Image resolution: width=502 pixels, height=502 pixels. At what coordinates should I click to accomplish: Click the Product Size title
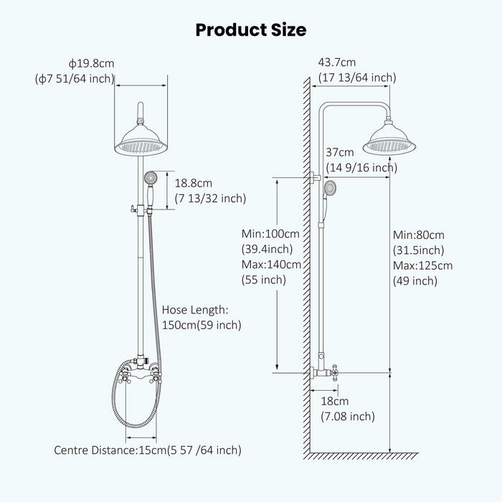click(251, 29)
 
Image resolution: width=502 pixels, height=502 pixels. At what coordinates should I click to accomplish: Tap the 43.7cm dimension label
click(336, 63)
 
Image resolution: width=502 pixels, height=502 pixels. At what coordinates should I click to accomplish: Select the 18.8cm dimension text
click(194, 184)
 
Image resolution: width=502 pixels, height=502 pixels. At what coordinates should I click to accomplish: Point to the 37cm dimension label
click(339, 153)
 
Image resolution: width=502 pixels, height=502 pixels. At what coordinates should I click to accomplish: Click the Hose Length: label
click(194, 310)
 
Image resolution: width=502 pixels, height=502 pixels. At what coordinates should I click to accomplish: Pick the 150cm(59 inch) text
click(202, 325)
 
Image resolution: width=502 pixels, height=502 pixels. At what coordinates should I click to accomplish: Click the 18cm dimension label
click(334, 402)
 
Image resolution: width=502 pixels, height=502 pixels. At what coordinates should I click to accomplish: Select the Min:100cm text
click(270, 234)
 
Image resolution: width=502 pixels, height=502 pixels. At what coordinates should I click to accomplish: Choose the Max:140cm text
click(271, 265)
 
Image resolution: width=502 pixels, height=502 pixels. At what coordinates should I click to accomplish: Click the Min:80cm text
click(418, 235)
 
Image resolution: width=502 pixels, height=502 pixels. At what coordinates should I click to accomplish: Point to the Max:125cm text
click(422, 265)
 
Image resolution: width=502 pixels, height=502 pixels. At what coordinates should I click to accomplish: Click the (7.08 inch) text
click(347, 417)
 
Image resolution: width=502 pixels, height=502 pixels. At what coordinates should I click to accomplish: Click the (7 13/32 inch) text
click(210, 199)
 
